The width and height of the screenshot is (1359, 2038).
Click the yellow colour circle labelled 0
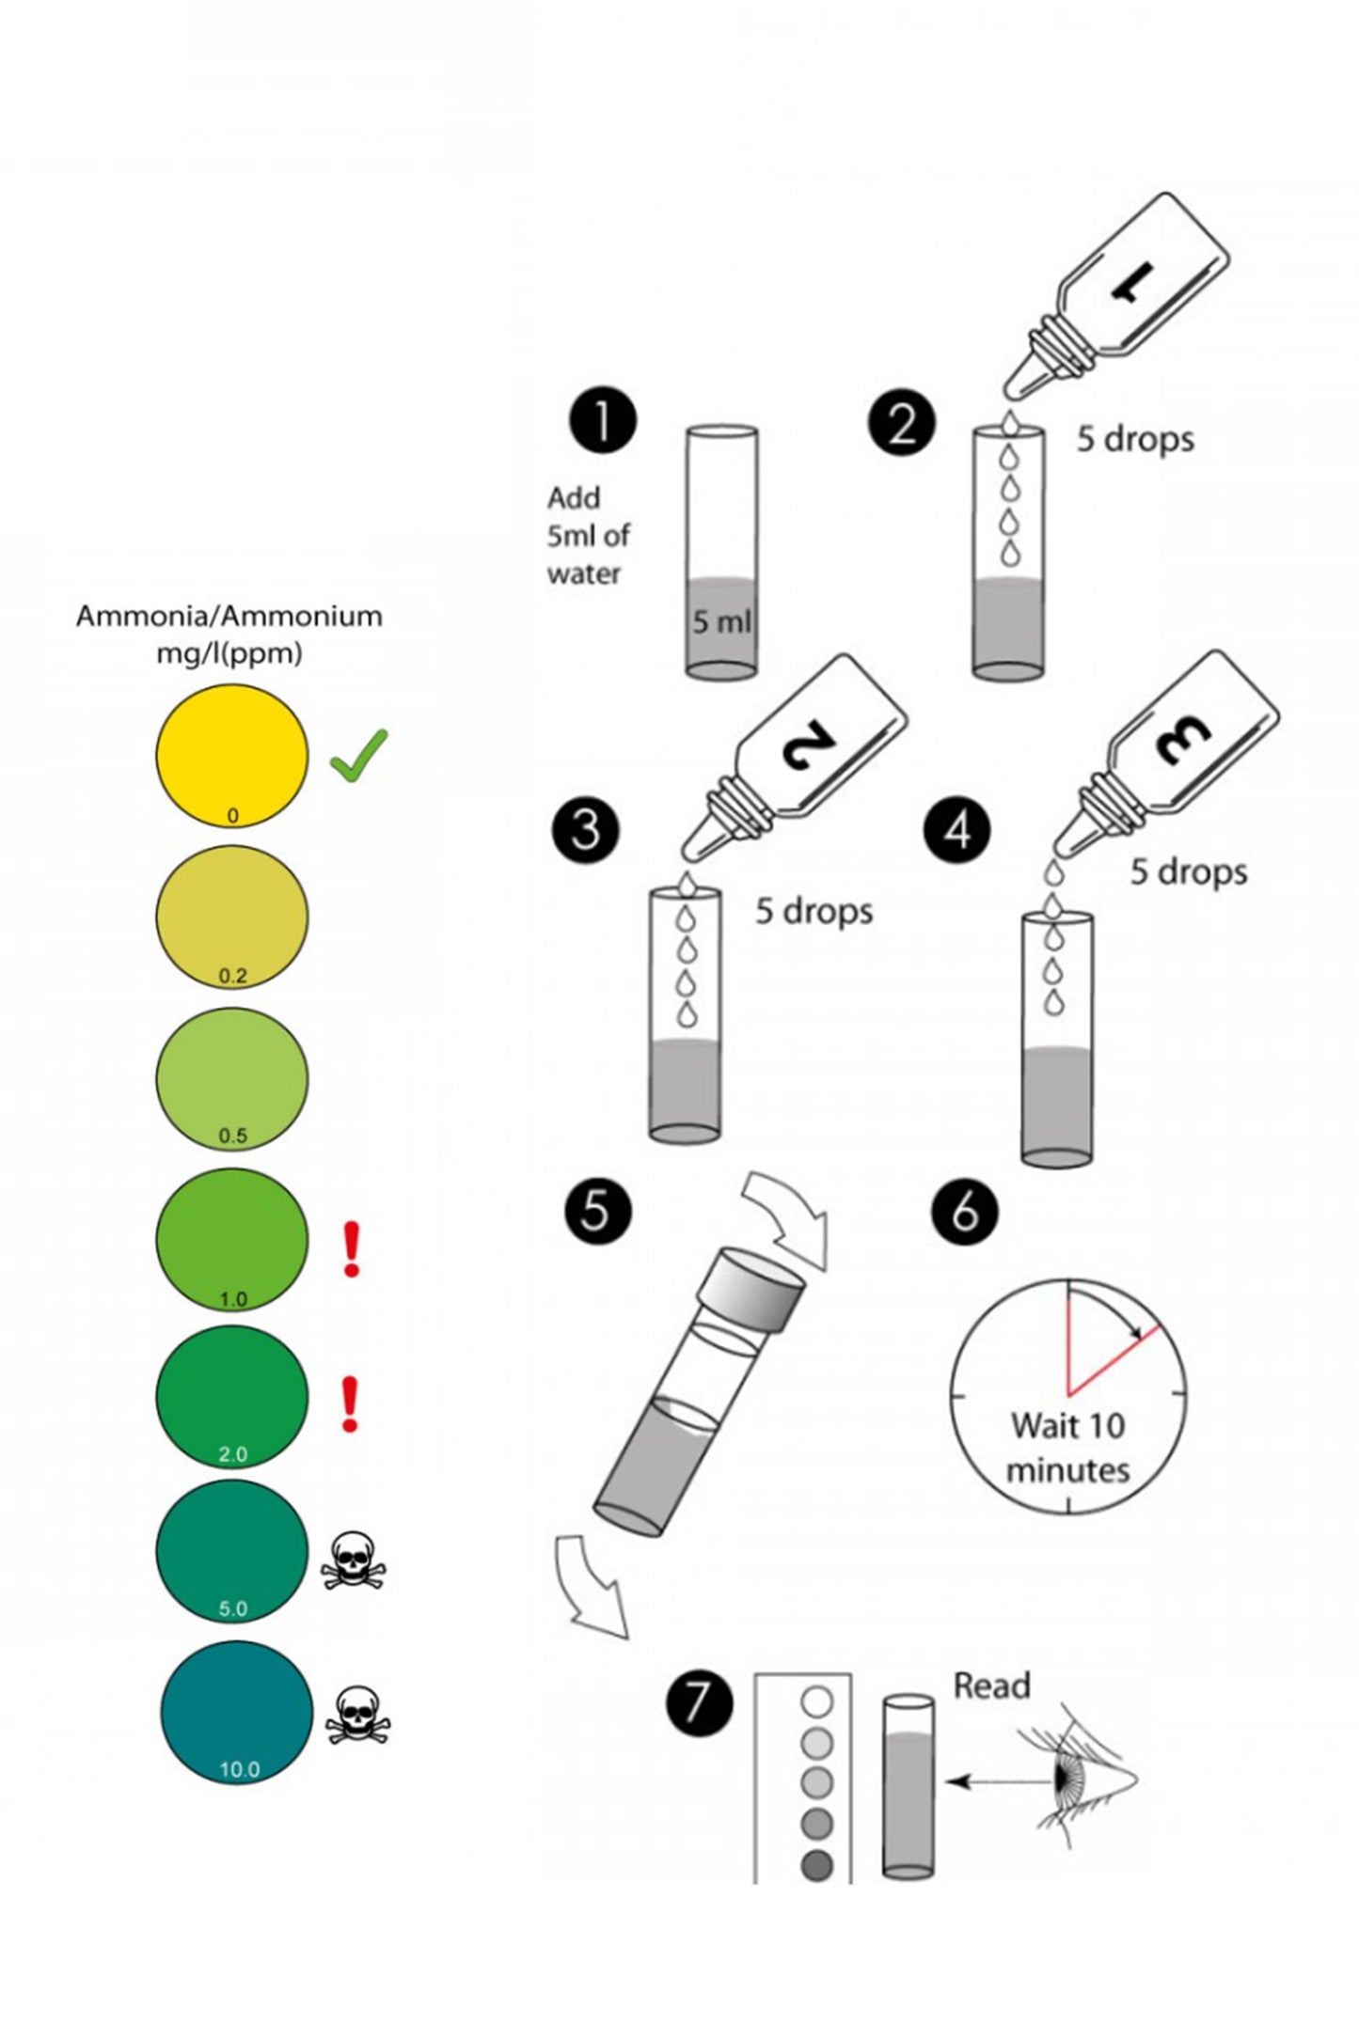231,756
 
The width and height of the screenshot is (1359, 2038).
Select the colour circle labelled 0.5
231,1077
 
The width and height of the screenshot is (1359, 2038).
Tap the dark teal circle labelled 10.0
236,1712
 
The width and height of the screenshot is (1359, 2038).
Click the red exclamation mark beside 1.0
351,1249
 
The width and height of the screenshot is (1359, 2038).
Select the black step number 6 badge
964,1212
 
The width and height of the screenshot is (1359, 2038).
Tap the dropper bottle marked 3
1166,753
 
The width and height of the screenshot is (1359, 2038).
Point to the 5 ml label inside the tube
721,621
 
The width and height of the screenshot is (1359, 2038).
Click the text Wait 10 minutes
1067,1448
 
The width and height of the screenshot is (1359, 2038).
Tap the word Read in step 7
991,1685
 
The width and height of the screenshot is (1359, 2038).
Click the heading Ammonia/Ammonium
229,617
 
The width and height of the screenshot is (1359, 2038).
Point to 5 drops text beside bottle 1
1135,439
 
